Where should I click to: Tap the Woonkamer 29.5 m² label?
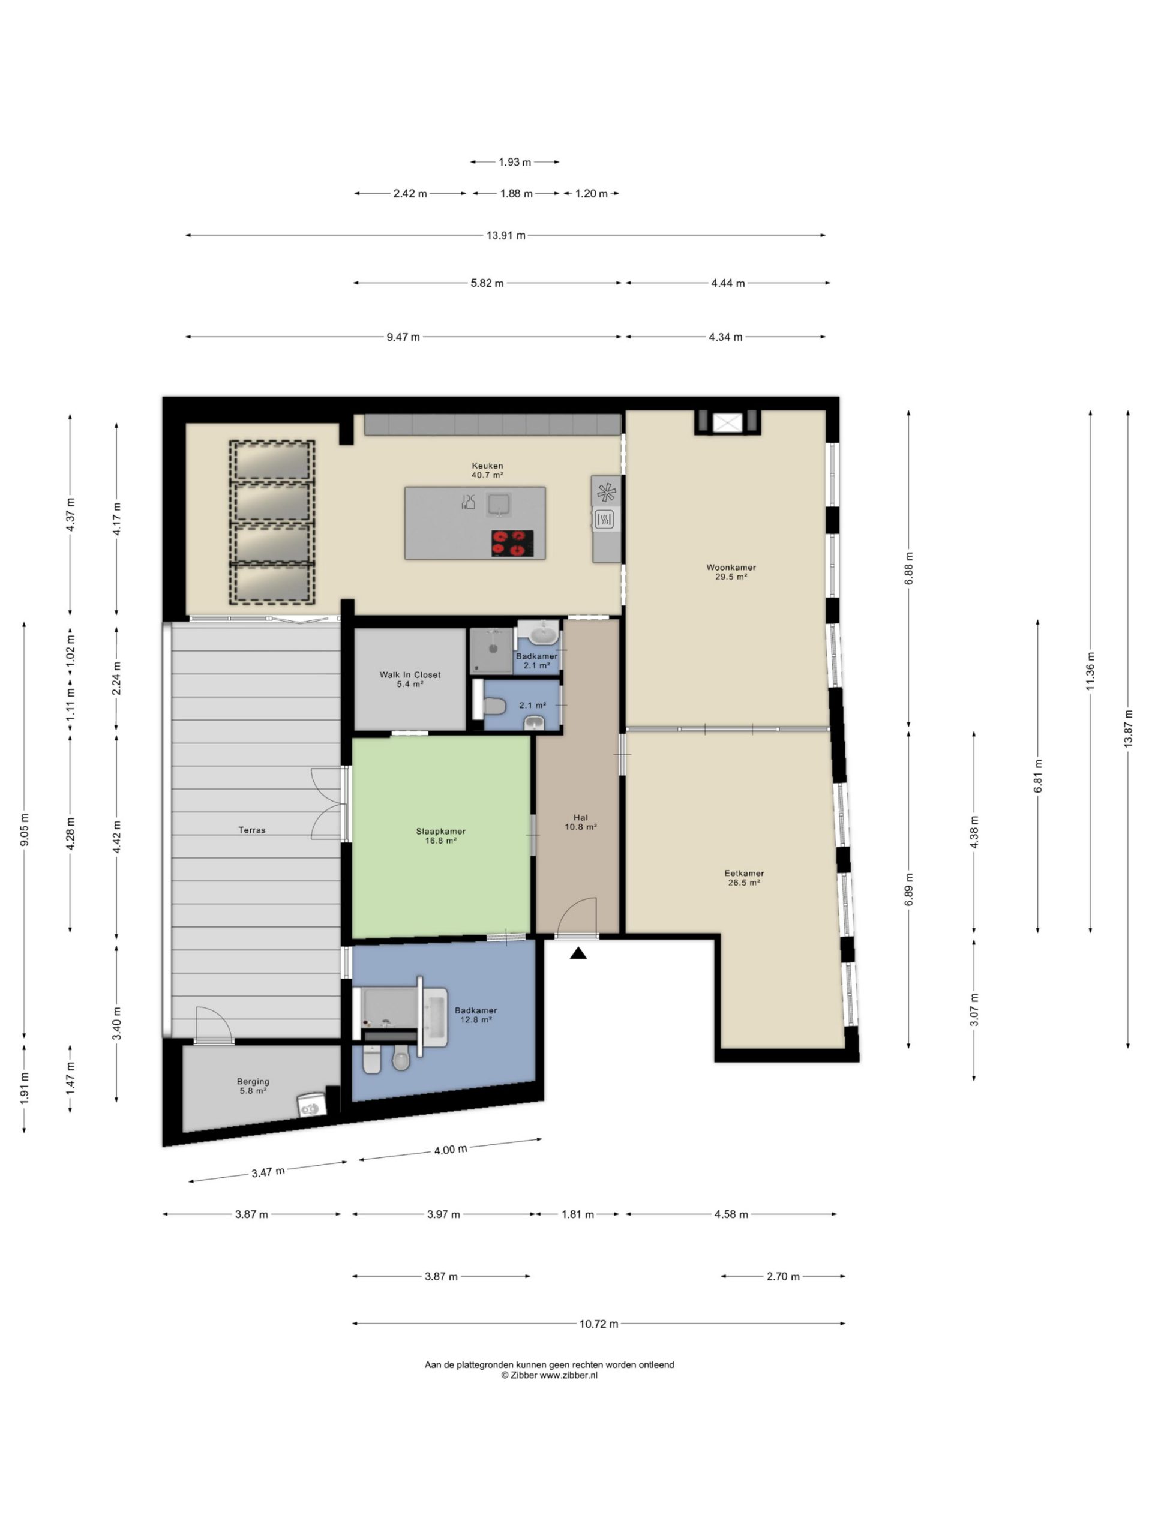[x=731, y=571]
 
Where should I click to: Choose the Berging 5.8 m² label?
[x=253, y=1086]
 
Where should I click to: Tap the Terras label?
[x=251, y=830]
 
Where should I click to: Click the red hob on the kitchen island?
[x=512, y=543]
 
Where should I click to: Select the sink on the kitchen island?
[x=498, y=503]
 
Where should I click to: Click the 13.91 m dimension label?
[x=506, y=235]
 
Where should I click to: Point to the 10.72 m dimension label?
[x=599, y=1324]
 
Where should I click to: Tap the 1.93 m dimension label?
[x=515, y=162]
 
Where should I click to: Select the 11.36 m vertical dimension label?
[x=1090, y=671]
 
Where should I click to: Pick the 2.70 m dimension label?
[x=782, y=1276]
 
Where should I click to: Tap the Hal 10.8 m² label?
[x=581, y=822]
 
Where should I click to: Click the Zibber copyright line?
[x=548, y=1376]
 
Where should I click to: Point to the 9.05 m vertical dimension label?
[x=25, y=829]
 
